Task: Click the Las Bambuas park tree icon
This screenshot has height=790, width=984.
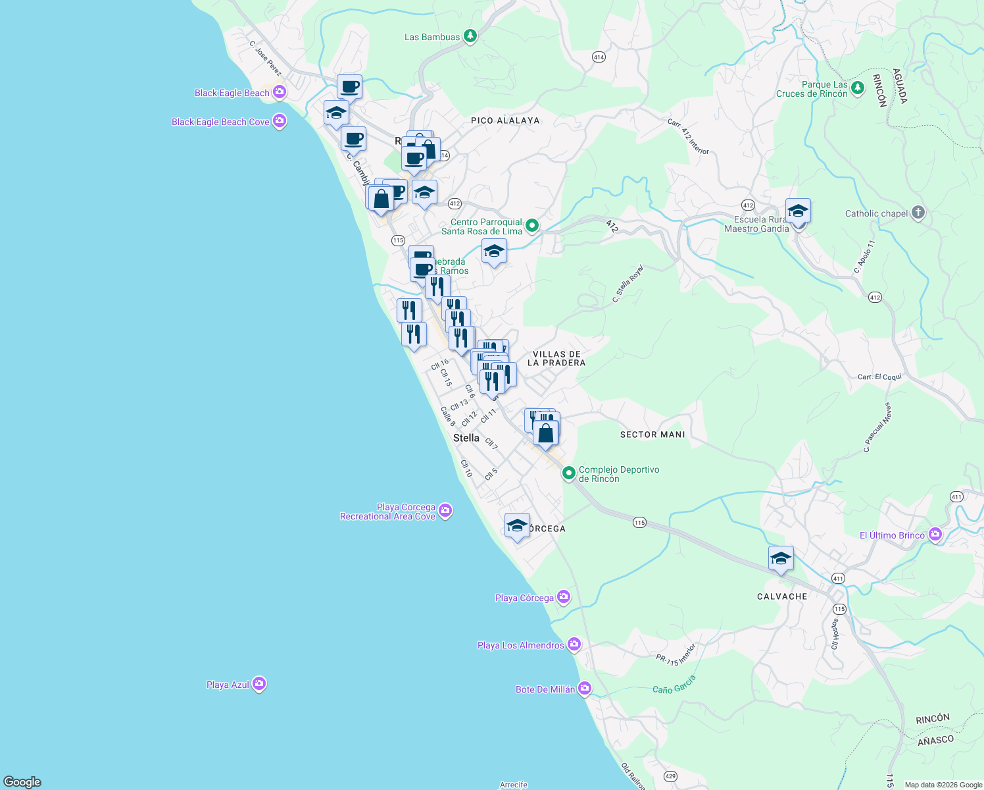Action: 470,36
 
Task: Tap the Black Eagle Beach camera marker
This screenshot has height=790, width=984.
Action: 280,92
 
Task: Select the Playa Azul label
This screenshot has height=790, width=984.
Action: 228,685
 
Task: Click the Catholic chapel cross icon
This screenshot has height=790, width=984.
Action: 918,213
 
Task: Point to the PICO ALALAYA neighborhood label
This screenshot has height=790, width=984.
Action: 505,120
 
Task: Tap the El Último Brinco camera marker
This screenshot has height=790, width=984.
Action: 935,535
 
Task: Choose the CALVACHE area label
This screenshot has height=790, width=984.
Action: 782,596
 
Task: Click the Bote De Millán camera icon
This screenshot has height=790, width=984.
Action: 584,689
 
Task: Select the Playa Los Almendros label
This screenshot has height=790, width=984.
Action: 520,645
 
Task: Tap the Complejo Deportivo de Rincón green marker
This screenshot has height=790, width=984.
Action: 568,473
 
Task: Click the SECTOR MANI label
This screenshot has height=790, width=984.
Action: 652,434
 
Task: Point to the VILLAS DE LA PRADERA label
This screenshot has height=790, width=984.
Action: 556,359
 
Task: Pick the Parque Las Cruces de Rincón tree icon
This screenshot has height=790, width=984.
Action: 857,88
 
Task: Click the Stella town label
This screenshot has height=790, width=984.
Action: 466,438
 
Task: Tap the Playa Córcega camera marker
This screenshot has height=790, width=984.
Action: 563,597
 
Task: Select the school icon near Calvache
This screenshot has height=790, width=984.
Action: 781,559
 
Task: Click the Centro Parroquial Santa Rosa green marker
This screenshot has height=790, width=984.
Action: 532,226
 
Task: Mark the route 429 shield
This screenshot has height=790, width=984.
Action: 670,776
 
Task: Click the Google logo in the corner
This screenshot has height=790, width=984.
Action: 22,781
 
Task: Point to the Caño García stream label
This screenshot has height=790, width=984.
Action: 674,685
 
